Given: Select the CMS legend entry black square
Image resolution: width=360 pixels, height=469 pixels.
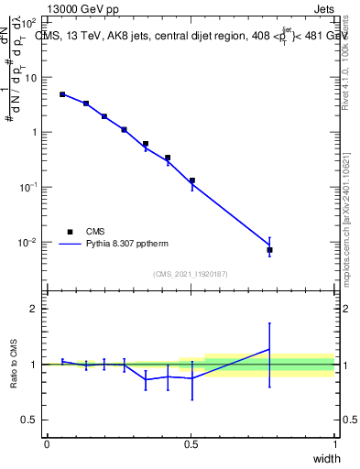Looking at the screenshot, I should click(70, 232).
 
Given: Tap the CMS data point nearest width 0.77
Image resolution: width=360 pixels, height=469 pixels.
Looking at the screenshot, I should click(269, 250).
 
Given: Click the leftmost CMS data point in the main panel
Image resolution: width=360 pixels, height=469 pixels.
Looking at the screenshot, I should click(62, 94).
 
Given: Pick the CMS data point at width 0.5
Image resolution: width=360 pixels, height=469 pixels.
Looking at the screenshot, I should click(191, 180).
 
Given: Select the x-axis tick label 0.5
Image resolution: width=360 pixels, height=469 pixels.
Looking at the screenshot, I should click(191, 444).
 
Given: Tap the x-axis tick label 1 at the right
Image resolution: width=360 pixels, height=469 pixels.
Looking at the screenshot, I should click(334, 444).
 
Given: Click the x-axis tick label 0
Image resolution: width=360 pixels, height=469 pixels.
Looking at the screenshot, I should click(47, 444).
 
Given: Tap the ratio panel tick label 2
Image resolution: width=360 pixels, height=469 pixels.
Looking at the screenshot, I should click(32, 309).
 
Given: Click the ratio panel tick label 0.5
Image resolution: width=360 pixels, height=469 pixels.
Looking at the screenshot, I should click(27, 420).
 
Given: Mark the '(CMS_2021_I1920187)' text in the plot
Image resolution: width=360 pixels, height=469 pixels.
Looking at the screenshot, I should click(191, 274).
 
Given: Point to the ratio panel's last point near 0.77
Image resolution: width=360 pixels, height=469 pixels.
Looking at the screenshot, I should click(269, 349).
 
